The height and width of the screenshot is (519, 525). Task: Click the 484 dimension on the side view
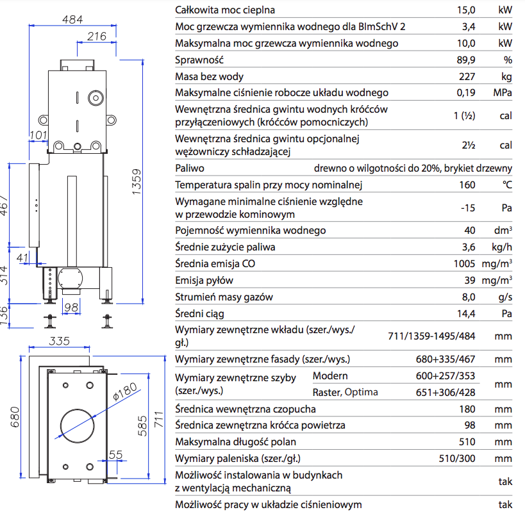[x=72, y=19]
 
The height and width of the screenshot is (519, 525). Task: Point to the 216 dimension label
[x=96, y=37]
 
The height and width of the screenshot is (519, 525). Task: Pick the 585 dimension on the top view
[x=146, y=423]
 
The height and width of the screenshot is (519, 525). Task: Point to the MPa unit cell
[x=503, y=93]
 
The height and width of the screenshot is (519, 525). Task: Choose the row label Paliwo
[x=190, y=169]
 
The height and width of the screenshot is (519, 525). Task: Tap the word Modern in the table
[x=330, y=375]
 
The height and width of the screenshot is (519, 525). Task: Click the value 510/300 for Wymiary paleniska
[x=456, y=458]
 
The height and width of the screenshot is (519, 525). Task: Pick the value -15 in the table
[x=467, y=208]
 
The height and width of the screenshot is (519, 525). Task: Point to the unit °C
[x=507, y=185]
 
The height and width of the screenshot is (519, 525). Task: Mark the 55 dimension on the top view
[x=116, y=454]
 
